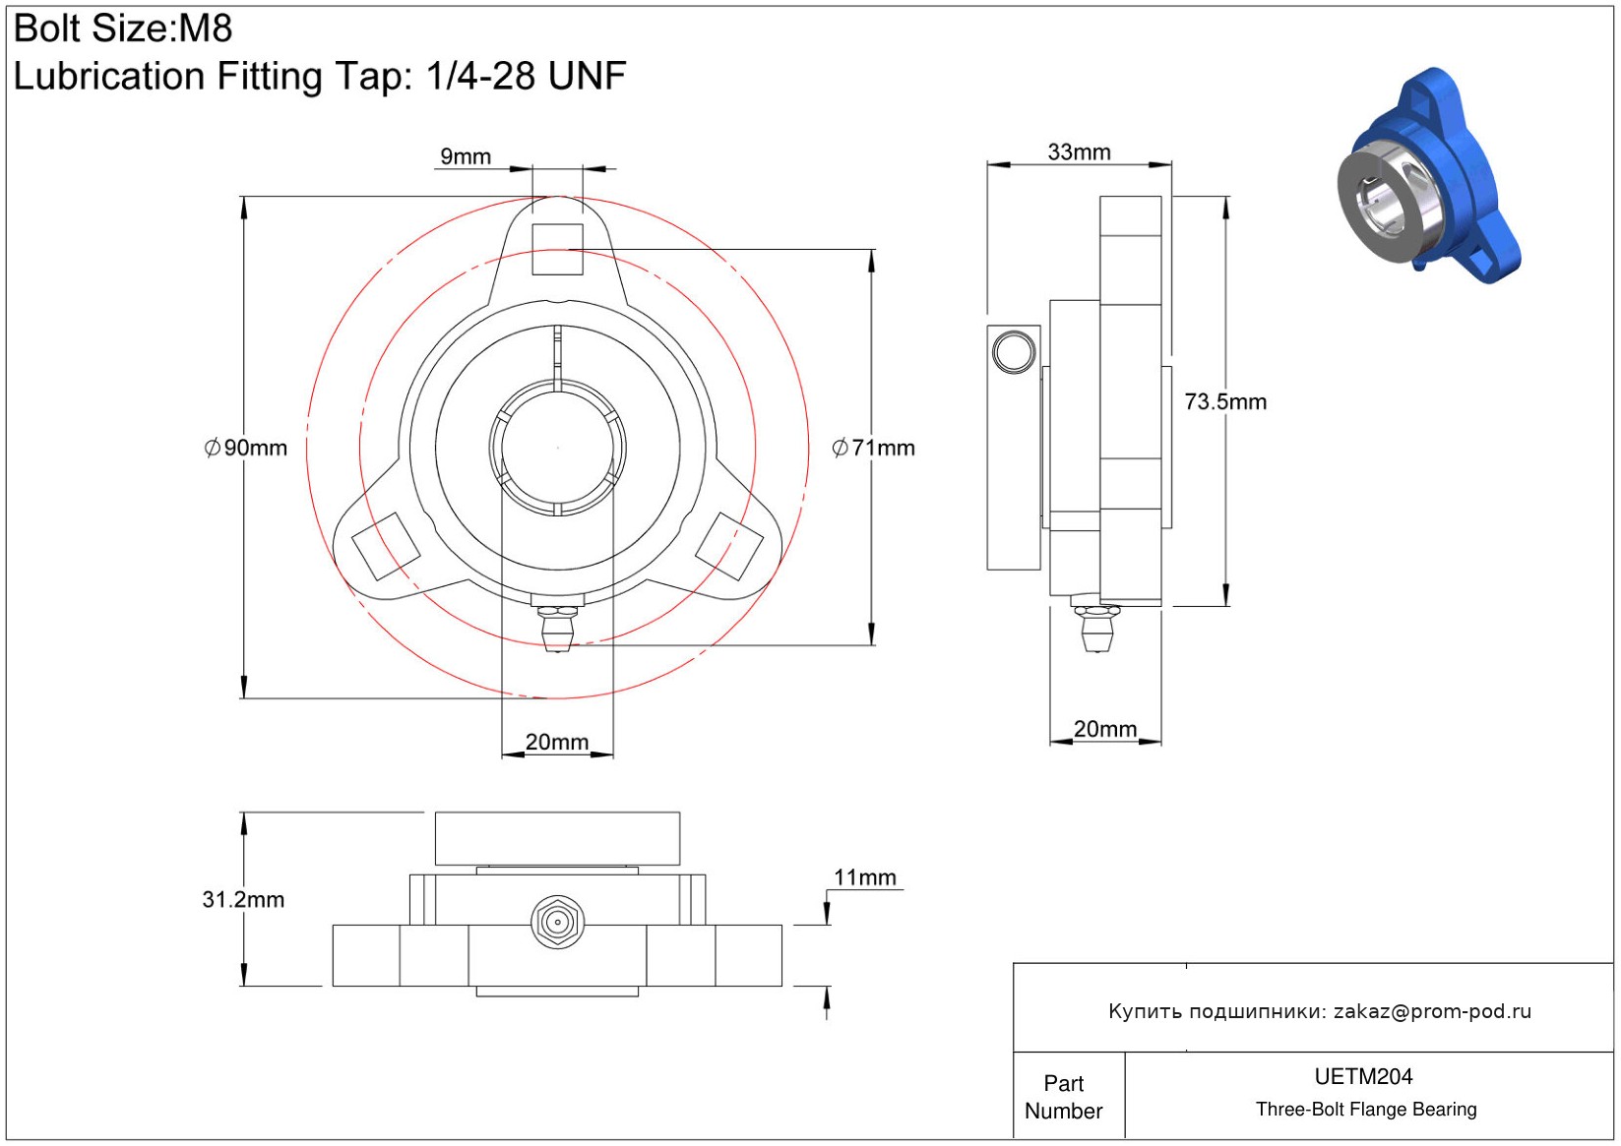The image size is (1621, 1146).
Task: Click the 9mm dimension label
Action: (466, 156)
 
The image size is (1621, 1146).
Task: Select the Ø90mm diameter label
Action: (246, 449)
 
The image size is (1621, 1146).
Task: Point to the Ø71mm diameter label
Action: (874, 449)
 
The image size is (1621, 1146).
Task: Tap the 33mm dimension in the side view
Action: (1079, 152)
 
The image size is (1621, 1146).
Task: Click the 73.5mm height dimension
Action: (1225, 401)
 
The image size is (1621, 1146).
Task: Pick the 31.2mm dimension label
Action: (243, 899)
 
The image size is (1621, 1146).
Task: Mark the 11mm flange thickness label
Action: (865, 877)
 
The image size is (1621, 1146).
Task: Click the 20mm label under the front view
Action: (557, 742)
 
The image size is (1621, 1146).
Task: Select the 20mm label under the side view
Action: (1104, 729)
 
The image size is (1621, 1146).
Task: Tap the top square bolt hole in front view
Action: (558, 249)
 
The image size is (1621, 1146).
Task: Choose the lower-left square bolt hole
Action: (386, 545)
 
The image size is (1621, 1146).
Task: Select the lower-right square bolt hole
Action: (729, 545)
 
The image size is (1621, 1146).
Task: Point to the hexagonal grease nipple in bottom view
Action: (557, 923)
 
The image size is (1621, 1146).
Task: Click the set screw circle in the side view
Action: (1014, 351)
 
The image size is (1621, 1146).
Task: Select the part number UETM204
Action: (1363, 1076)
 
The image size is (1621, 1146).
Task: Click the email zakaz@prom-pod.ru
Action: (1432, 1011)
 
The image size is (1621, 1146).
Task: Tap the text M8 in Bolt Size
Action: (205, 29)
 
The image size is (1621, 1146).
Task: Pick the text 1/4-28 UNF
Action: (526, 76)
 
